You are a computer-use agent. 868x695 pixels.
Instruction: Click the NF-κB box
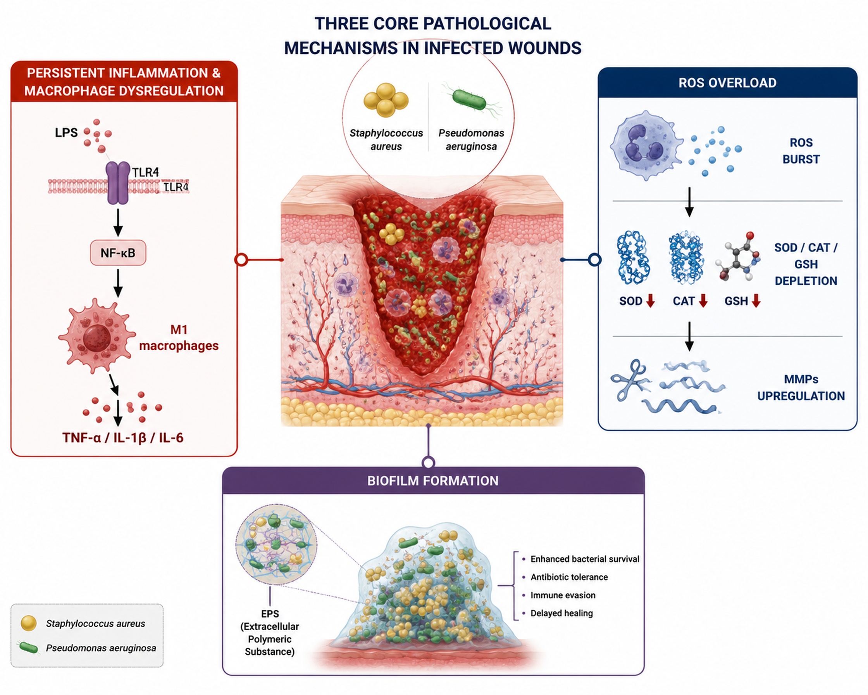[118, 253]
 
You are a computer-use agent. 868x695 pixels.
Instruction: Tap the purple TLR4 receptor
[117, 183]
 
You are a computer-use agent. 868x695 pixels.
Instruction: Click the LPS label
[66, 133]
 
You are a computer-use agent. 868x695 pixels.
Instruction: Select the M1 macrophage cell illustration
[96, 335]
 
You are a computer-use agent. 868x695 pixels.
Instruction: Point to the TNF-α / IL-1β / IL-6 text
[123, 437]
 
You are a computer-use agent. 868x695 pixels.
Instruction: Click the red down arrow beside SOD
[650, 301]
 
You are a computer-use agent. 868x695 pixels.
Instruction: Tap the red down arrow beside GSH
[756, 301]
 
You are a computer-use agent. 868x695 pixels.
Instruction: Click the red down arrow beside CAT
[703, 301]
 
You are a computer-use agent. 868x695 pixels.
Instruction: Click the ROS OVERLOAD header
[727, 83]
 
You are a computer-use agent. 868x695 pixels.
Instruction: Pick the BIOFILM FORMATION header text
[433, 481]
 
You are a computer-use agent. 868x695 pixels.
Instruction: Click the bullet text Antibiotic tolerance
[569, 577]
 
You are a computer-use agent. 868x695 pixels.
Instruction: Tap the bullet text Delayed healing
[561, 613]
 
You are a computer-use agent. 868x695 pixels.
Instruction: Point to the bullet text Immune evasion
[563, 595]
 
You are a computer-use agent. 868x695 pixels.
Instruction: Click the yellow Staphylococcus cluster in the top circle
[386, 100]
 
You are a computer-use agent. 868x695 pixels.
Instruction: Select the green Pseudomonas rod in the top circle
[469, 100]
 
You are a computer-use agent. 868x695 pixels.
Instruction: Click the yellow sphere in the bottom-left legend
[29, 623]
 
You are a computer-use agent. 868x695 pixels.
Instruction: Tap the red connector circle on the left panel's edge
[241, 260]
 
